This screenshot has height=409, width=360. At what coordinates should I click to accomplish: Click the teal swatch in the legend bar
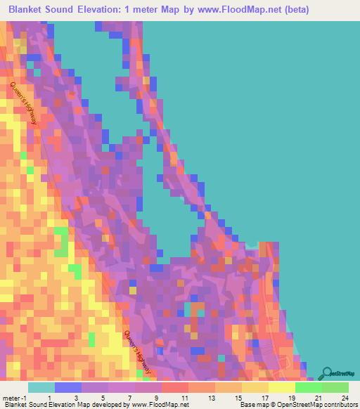coord(41,387)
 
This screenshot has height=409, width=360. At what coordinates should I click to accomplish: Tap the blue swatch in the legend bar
coord(67,387)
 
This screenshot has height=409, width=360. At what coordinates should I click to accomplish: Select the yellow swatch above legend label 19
coord(281,387)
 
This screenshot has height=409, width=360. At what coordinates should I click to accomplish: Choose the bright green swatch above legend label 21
coord(308,387)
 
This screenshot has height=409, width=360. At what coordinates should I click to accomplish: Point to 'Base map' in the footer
coord(254,405)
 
